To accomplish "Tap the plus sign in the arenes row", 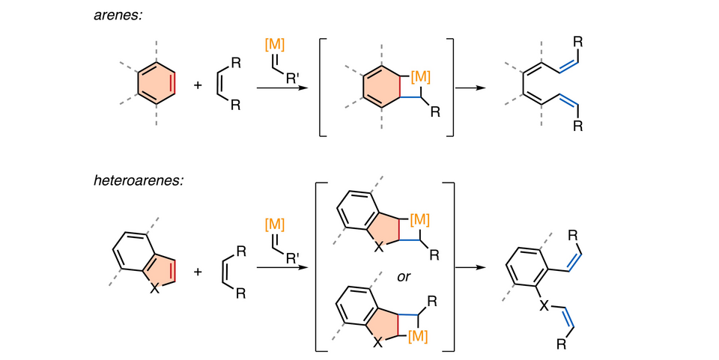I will [x=198, y=85].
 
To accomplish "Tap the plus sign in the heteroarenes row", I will [x=198, y=271].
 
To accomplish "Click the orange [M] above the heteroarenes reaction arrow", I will [x=275, y=222].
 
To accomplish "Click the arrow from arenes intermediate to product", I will [x=471, y=88].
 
